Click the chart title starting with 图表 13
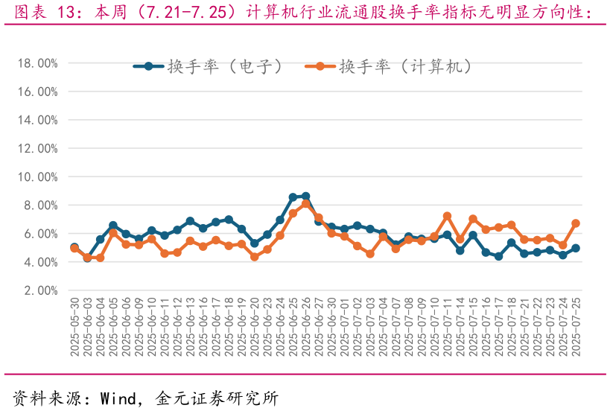[305, 13]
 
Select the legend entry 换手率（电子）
[209, 66]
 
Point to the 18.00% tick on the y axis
[37, 63]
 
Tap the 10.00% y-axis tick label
[37, 177]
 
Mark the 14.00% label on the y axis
[37, 120]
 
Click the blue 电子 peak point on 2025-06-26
[305, 197]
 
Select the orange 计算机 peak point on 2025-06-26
[305, 204]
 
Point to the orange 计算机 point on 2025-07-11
[447, 216]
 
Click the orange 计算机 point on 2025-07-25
[576, 223]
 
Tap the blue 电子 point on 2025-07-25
[576, 248]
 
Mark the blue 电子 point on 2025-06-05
[113, 225]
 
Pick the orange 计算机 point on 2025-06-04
[100, 258]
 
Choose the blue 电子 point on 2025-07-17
[498, 256]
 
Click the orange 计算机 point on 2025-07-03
[369, 254]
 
